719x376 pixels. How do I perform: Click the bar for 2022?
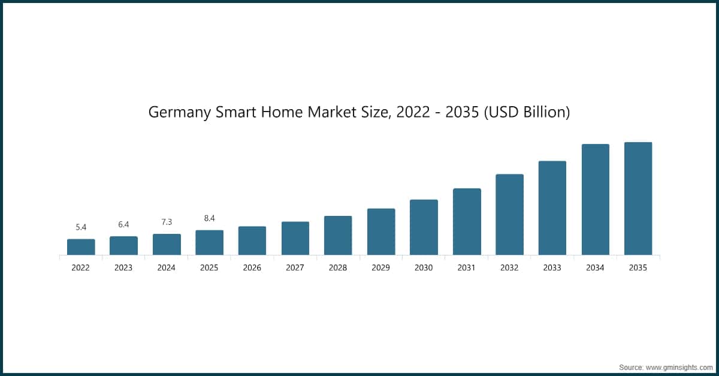tap(81, 247)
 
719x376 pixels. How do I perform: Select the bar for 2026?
tap(252, 240)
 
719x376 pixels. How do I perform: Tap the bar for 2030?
tap(424, 227)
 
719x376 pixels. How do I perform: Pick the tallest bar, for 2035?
tap(638, 198)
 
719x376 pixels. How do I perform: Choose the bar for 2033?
tap(552, 208)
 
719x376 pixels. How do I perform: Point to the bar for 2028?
tap(338, 236)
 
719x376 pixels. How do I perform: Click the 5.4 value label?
tap(81, 227)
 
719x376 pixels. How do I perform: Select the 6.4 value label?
tap(123, 224)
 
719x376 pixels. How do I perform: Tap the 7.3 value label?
tap(167, 222)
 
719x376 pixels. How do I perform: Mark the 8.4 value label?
tap(209, 218)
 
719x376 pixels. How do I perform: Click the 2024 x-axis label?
tap(167, 267)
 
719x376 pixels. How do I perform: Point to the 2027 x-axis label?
tap(295, 267)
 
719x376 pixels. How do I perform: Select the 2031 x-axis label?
tap(466, 267)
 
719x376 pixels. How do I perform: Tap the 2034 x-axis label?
tap(595, 267)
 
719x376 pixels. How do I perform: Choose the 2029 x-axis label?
tap(380, 267)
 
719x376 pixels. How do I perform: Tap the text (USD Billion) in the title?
tap(527, 112)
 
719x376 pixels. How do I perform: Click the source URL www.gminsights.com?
tap(679, 368)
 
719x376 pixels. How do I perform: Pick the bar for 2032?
tap(510, 215)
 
